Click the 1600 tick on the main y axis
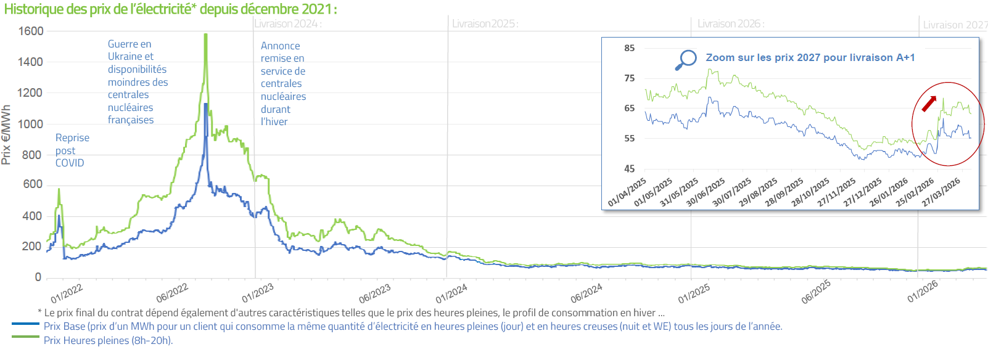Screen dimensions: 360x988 point(31,31)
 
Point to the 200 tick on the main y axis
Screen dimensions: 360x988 point(31,246)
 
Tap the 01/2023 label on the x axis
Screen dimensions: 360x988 point(258,293)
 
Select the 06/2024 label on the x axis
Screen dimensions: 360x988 point(586,293)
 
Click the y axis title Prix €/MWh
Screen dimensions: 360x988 point(7,135)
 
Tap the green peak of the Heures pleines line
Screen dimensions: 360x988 point(205,36)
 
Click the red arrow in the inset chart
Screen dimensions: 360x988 point(929,104)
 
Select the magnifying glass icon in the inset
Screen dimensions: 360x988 point(685,60)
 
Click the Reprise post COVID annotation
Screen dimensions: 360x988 point(72,150)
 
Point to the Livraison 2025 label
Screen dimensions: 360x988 point(485,24)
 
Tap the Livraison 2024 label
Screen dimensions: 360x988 point(288,24)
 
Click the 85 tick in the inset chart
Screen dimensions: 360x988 point(629,48)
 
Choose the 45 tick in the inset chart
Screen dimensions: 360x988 point(629,168)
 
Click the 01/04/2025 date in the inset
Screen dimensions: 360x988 point(627,192)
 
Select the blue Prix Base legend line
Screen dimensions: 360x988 point(25,324)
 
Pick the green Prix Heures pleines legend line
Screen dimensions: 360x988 point(25,337)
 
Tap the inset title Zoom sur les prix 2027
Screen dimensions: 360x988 point(810,57)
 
